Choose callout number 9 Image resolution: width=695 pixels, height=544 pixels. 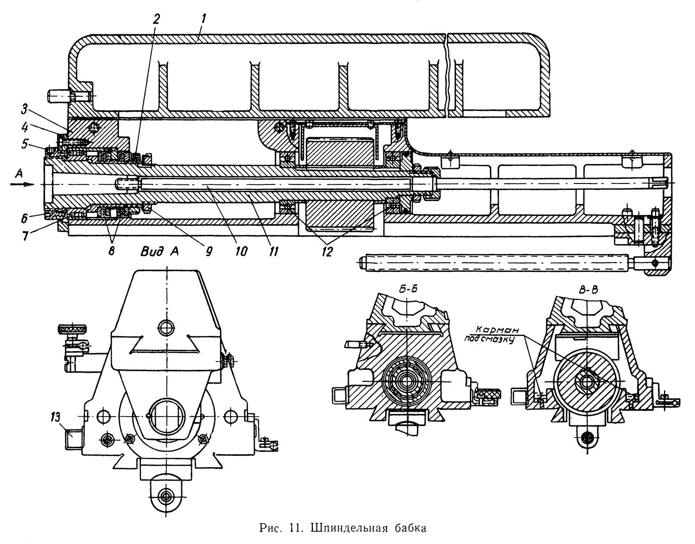(x=208, y=251)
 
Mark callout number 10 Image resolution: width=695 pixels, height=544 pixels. (x=241, y=251)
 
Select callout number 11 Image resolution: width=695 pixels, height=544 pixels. (x=273, y=251)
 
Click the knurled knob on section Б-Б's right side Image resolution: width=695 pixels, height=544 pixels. (x=488, y=393)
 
